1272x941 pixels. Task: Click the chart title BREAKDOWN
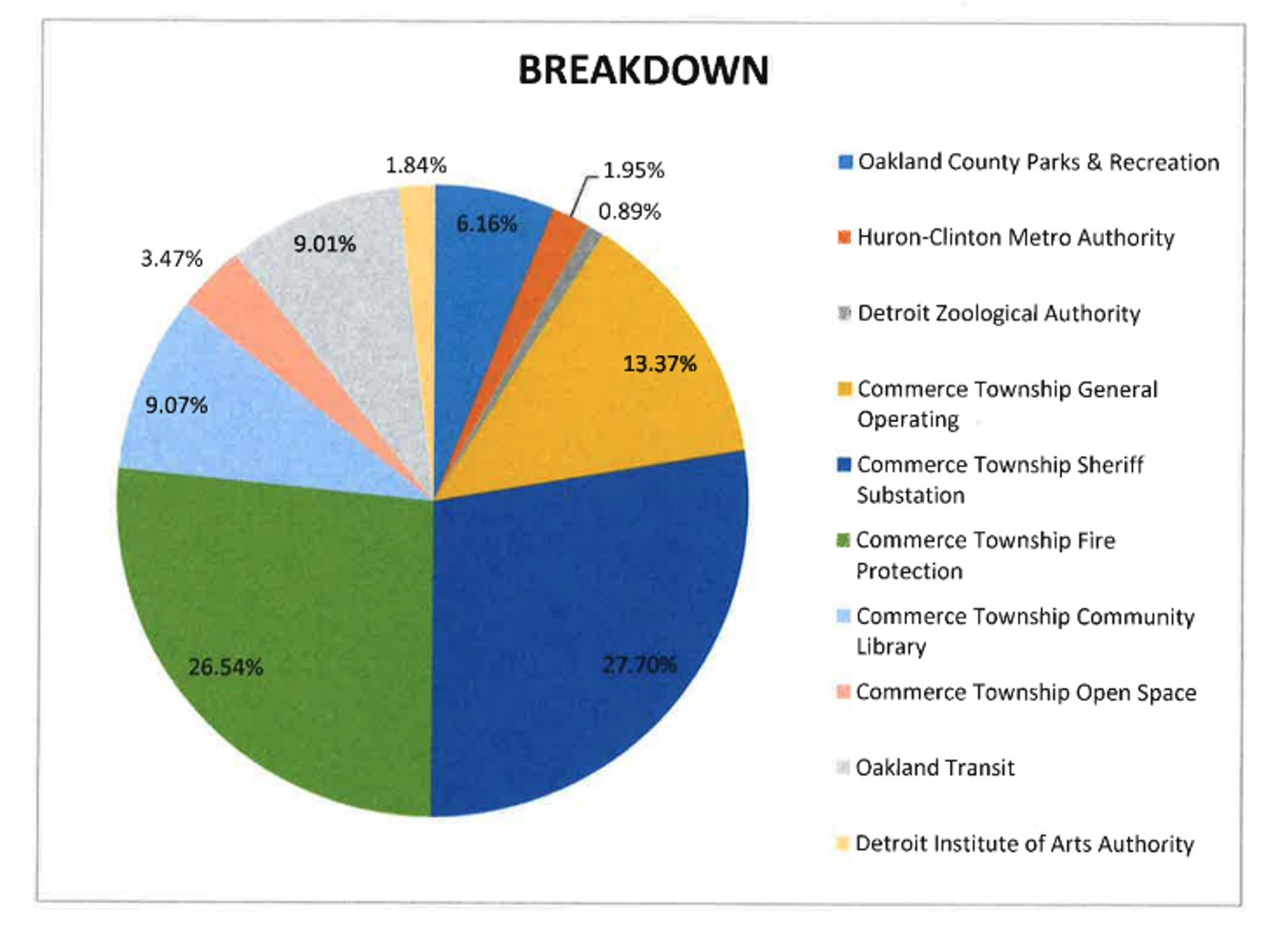643,70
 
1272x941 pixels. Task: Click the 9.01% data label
324,244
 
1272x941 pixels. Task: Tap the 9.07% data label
176,405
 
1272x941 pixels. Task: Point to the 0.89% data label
629,211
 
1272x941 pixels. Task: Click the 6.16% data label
486,224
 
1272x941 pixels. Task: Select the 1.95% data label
633,170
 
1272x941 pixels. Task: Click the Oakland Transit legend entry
934,768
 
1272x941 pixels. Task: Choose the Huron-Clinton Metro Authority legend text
1015,238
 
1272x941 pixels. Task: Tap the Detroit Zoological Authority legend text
999,313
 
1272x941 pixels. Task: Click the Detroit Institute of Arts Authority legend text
1024,843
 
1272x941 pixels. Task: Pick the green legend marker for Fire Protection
843,540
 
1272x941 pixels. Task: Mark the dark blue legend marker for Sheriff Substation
844,464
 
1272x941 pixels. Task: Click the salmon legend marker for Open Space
843,691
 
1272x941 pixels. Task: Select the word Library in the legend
891,647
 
